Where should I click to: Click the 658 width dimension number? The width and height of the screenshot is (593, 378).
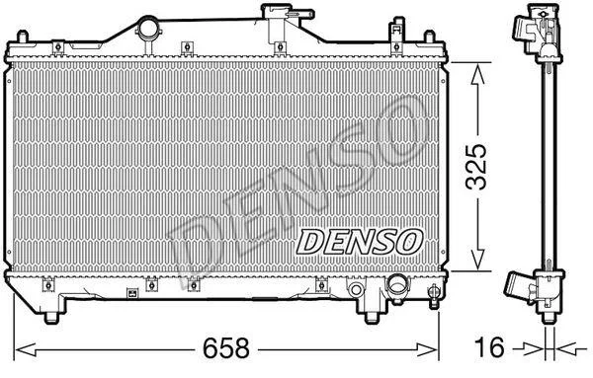(225, 348)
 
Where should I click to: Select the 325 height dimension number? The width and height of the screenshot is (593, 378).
(476, 167)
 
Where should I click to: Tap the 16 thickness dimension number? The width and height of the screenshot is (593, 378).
(489, 347)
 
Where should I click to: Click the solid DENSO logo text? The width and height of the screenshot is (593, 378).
(360, 242)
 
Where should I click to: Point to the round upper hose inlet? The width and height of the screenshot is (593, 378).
(148, 28)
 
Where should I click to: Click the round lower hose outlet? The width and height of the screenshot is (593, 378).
(397, 286)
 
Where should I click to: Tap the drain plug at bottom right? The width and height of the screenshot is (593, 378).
(434, 297)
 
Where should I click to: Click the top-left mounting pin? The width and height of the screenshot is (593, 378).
(23, 37)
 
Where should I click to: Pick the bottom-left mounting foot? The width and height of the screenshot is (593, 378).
(51, 317)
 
